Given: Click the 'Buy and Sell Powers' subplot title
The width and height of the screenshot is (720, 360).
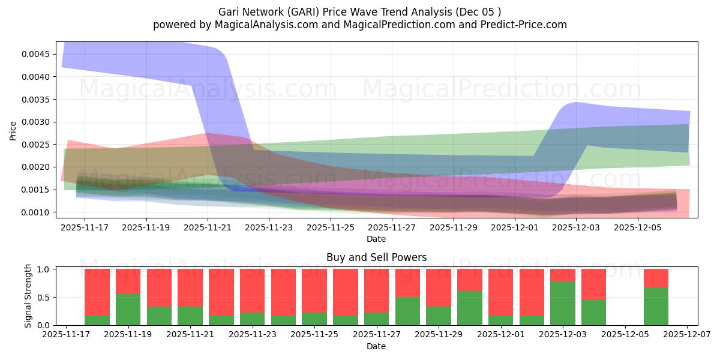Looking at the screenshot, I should click(376, 257).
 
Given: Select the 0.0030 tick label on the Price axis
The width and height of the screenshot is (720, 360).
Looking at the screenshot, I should click(37, 122).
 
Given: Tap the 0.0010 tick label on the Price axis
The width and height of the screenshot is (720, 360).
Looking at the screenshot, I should click(37, 212).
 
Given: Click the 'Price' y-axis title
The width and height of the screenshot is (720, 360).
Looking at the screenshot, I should click(13, 130).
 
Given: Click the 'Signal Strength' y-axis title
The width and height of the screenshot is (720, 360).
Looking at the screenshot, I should click(28, 296).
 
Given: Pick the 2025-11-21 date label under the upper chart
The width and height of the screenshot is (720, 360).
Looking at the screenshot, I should click(208, 228).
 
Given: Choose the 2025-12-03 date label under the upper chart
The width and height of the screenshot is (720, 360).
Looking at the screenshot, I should click(575, 228).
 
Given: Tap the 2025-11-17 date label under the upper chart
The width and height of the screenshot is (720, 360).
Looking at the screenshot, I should click(85, 228).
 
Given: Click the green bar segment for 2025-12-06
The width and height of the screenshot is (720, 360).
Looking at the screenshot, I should click(656, 306).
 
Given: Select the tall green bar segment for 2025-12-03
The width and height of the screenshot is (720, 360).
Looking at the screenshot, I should click(563, 303).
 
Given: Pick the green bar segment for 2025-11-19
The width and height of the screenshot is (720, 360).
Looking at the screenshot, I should click(128, 310).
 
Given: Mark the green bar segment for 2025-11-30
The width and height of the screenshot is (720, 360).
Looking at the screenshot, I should click(470, 308).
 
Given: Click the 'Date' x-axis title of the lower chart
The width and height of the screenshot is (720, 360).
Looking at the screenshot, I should click(376, 347).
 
